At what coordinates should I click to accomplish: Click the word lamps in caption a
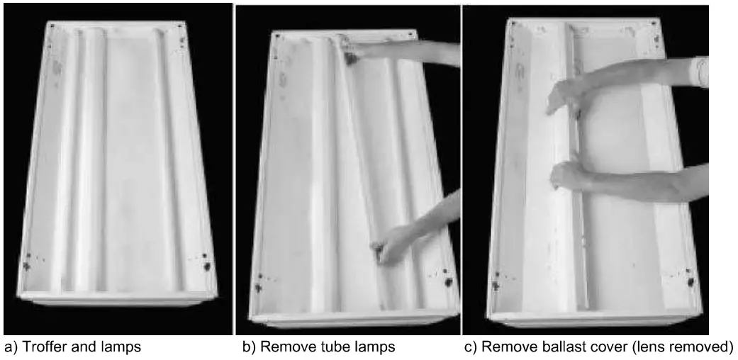point(121,347)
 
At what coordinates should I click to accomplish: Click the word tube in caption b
point(322,347)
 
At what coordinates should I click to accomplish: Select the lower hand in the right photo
point(567,175)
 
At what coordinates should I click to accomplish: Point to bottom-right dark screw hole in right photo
point(691,281)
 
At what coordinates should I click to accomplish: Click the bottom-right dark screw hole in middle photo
point(448,281)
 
